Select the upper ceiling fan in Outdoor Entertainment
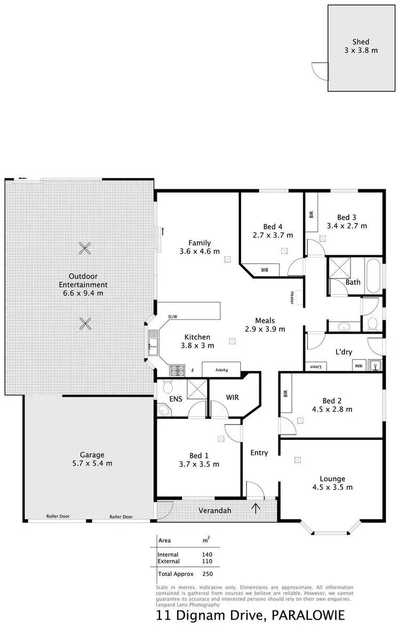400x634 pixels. [85, 247]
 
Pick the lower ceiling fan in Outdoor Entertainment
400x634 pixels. [85, 323]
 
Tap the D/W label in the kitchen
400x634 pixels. [172, 317]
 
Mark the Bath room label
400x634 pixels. [353, 282]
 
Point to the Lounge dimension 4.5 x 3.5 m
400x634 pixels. [332, 487]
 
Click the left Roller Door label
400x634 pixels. [58, 517]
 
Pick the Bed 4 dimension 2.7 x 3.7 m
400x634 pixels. [273, 235]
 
